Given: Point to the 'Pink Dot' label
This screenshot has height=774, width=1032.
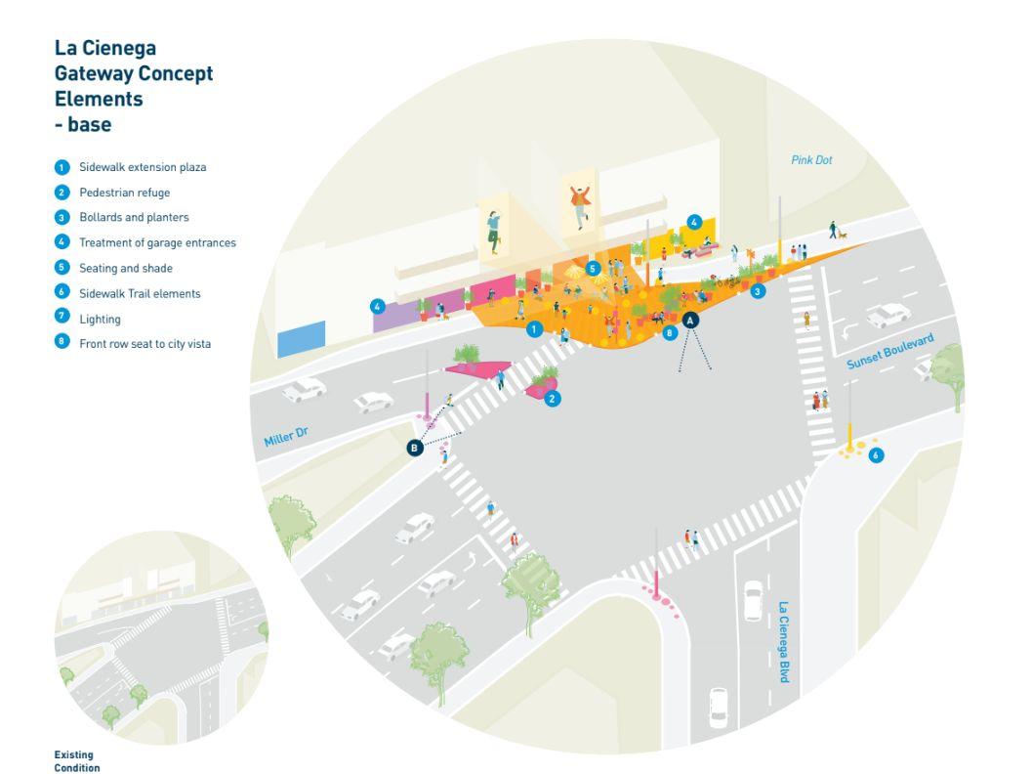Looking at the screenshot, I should pyautogui.click(x=811, y=160).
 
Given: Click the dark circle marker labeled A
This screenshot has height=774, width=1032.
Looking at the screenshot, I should pyautogui.click(x=690, y=320).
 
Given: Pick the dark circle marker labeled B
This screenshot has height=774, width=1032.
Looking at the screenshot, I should pyautogui.click(x=415, y=448).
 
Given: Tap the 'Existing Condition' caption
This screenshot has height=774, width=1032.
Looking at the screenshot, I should pyautogui.click(x=76, y=759).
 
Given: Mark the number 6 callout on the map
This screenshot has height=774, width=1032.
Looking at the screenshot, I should pyautogui.click(x=876, y=454).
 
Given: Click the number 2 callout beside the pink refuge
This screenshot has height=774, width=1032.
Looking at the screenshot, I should pyautogui.click(x=552, y=399).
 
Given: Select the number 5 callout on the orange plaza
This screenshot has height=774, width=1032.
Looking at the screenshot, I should pyautogui.click(x=593, y=268).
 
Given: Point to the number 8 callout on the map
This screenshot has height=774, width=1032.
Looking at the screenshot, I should pyautogui.click(x=670, y=333).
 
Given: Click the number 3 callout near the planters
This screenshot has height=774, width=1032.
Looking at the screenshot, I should pyautogui.click(x=757, y=290).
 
